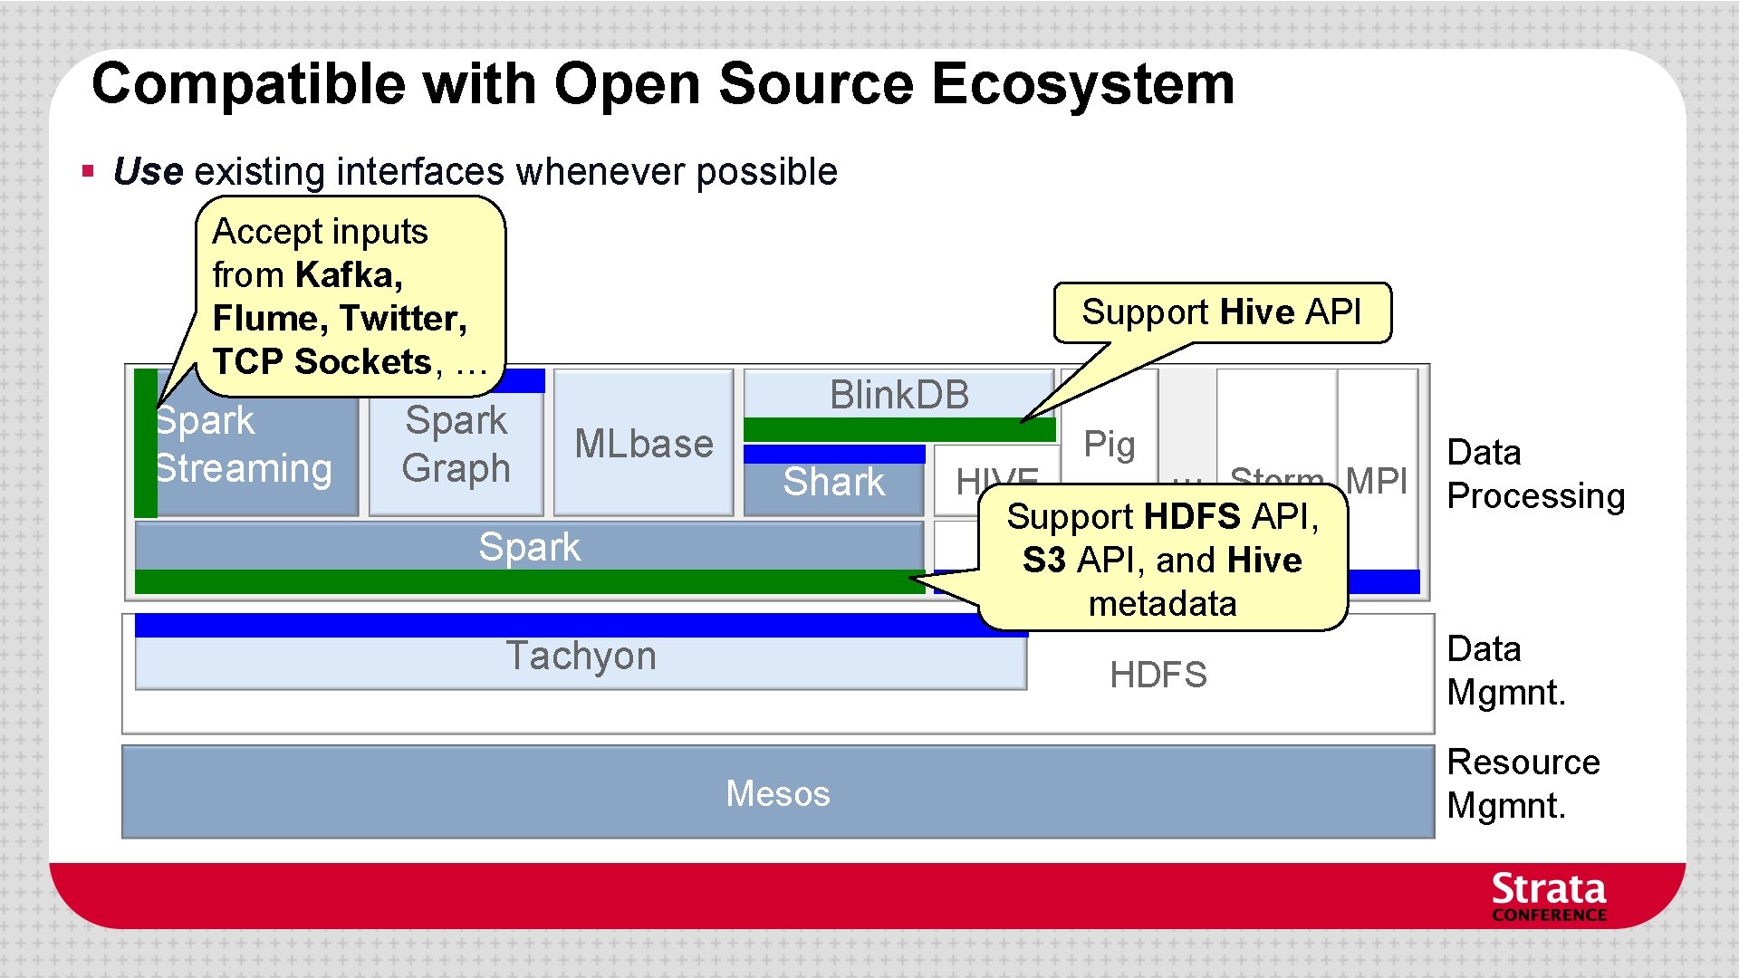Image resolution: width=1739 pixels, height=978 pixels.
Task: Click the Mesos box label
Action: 777,793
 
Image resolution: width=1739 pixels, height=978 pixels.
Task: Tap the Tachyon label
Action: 580,656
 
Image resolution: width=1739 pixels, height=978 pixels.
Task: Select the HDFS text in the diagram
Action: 1158,675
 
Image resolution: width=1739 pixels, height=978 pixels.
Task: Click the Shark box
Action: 833,482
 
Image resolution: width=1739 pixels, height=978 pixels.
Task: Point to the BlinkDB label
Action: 898,395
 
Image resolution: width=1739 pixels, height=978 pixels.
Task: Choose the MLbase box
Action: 643,444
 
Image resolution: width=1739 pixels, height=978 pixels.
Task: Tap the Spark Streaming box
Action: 245,446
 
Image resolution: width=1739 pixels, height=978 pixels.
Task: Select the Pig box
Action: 1109,444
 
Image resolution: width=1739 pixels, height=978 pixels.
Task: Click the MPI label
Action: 1376,480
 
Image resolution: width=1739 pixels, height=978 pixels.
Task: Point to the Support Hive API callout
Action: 1221,312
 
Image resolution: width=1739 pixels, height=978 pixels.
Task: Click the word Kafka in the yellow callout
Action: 348,275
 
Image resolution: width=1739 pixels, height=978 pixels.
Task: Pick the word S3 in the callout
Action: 1043,561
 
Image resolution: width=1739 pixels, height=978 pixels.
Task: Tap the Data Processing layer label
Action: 1535,475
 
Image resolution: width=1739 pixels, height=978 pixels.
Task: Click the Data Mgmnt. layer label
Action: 1505,671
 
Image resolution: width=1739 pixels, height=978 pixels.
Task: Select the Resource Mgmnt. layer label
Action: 1523,784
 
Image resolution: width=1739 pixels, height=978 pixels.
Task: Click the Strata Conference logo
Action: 1548,896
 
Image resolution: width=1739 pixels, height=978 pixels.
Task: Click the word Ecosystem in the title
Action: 1082,84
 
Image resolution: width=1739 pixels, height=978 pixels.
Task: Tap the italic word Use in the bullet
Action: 149,172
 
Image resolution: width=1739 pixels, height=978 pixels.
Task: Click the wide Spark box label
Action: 529,547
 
